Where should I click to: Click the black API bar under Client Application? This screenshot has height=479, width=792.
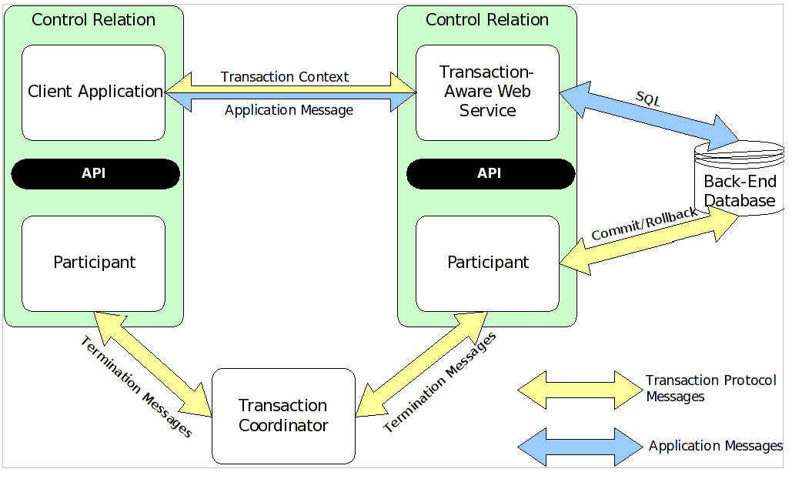pyautogui.click(x=95, y=173)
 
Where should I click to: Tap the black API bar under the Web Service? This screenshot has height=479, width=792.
pyautogui.click(x=490, y=173)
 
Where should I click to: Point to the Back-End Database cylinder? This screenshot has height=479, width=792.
pyautogui.click(x=739, y=185)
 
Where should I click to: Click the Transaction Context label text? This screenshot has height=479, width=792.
pyautogui.click(x=285, y=77)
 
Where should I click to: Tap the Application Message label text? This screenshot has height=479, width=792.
pyautogui.click(x=289, y=110)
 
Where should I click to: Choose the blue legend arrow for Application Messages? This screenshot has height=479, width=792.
pyautogui.click(x=579, y=447)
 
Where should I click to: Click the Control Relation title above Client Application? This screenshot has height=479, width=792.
pyautogui.click(x=93, y=20)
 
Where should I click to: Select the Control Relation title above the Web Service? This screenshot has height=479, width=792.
pyautogui.click(x=487, y=20)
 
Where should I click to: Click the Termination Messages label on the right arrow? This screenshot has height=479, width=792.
pyautogui.click(x=439, y=383)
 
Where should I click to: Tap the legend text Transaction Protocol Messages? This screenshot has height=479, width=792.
pyautogui.click(x=710, y=389)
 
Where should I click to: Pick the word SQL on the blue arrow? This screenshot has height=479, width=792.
pyautogui.click(x=648, y=99)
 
